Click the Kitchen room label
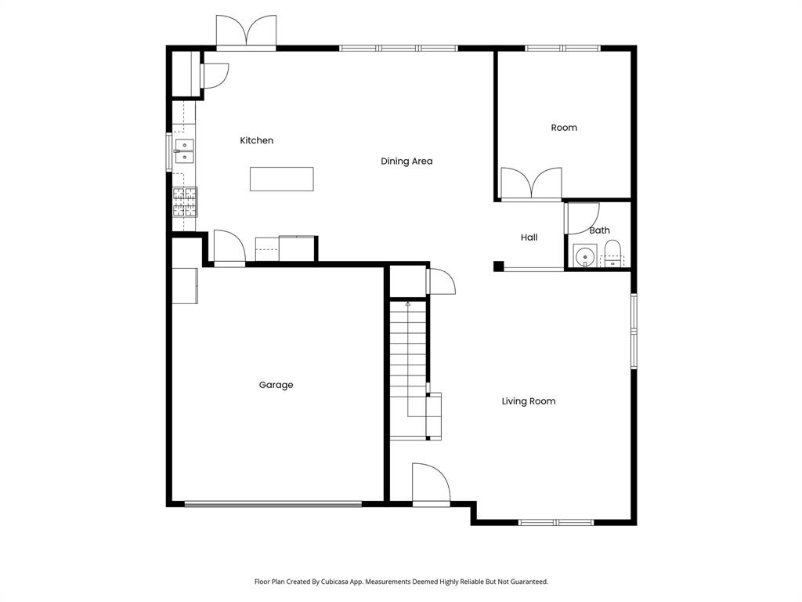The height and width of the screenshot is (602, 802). coord(256,140)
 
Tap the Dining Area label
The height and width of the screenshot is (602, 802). coord(406,161)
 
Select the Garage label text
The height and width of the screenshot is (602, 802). coord(276,385)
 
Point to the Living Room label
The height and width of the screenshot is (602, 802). coord(529,401)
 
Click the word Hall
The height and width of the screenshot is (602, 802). coord(529,238)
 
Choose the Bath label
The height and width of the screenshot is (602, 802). coord(599,230)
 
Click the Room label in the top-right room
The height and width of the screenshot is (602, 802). coord(564,128)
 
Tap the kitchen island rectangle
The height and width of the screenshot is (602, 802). coord(282,179)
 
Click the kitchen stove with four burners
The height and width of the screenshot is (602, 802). coord(186,201)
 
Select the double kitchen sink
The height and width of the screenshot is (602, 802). coord(185,150)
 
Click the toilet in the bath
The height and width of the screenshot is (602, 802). coord(612,253)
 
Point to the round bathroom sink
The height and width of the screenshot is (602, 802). coord(583,256)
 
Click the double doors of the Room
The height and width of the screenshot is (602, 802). coord(531,184)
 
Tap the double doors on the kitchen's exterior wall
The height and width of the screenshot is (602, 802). coord(246,33)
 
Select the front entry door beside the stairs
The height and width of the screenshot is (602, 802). coord(431,484)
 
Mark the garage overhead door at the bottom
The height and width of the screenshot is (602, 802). coord(273,504)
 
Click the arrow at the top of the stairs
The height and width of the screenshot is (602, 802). coord(408,303)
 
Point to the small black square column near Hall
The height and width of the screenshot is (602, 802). coord(498,267)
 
